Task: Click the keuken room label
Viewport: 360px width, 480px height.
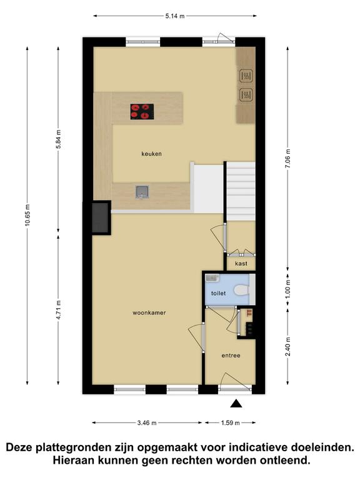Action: pos(151,154)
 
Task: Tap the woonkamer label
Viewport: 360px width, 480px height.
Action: pos(149,312)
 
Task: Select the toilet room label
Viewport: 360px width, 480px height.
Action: pos(218,293)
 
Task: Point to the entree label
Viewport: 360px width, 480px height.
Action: pos(231,356)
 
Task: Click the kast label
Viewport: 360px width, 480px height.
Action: pos(241,263)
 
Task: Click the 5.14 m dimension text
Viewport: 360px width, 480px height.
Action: pos(175,16)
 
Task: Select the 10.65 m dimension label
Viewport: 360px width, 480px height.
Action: pos(27,215)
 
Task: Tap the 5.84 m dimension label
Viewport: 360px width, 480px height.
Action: pos(59,139)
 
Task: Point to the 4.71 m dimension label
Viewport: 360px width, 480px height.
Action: pos(59,310)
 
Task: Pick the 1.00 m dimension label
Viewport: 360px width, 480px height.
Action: pos(287,288)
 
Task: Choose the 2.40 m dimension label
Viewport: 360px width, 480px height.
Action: pos(287,346)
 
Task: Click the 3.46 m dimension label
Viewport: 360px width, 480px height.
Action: pos(147,422)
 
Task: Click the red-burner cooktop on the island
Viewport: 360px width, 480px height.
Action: pos(142,111)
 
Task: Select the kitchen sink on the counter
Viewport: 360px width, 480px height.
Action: pos(142,192)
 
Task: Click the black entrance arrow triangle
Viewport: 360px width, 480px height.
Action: pos(236,404)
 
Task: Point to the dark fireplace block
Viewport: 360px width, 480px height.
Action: pos(101,217)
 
